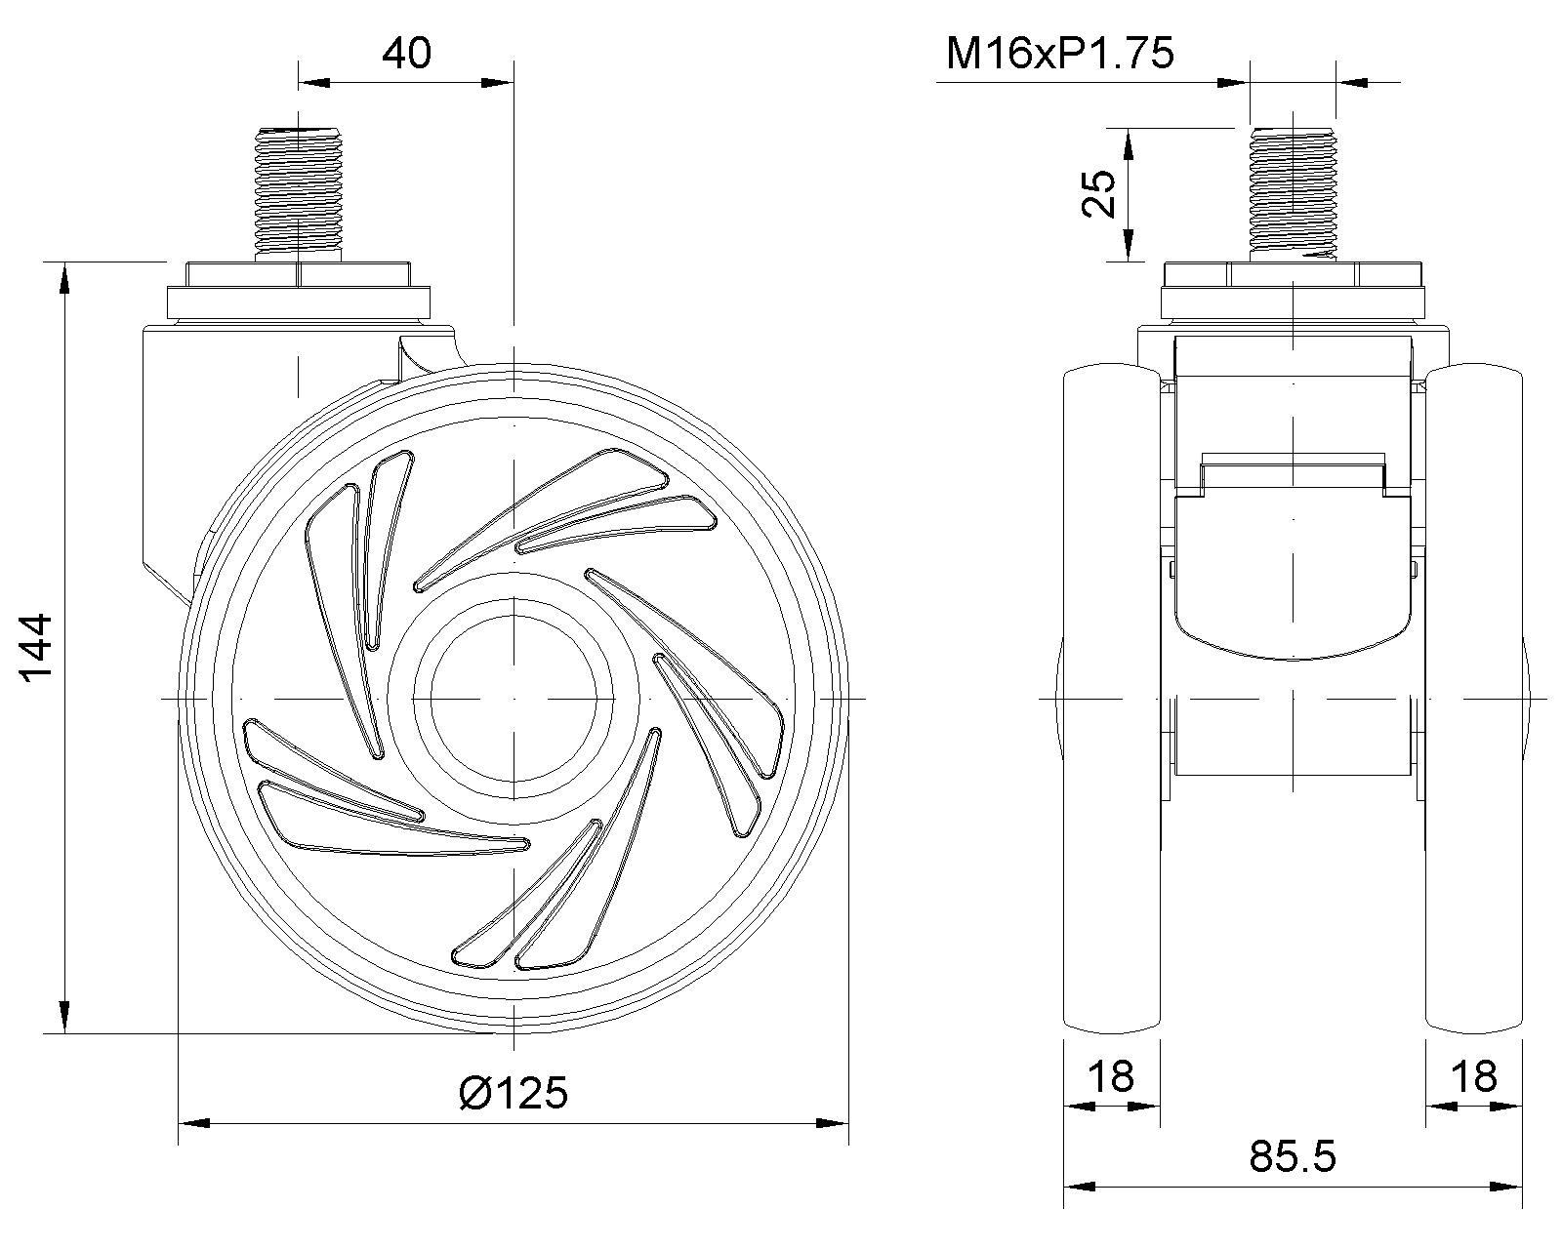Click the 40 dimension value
coord(406,53)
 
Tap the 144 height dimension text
coord(35,647)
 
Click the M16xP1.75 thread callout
coord(1060,53)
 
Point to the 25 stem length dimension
coord(1098,193)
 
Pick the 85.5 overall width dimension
coord(1292,1156)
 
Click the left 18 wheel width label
coord(1111,1076)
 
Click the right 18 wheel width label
coord(1473,1076)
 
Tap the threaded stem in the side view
coord(298,194)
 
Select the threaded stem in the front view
coord(1293,194)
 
